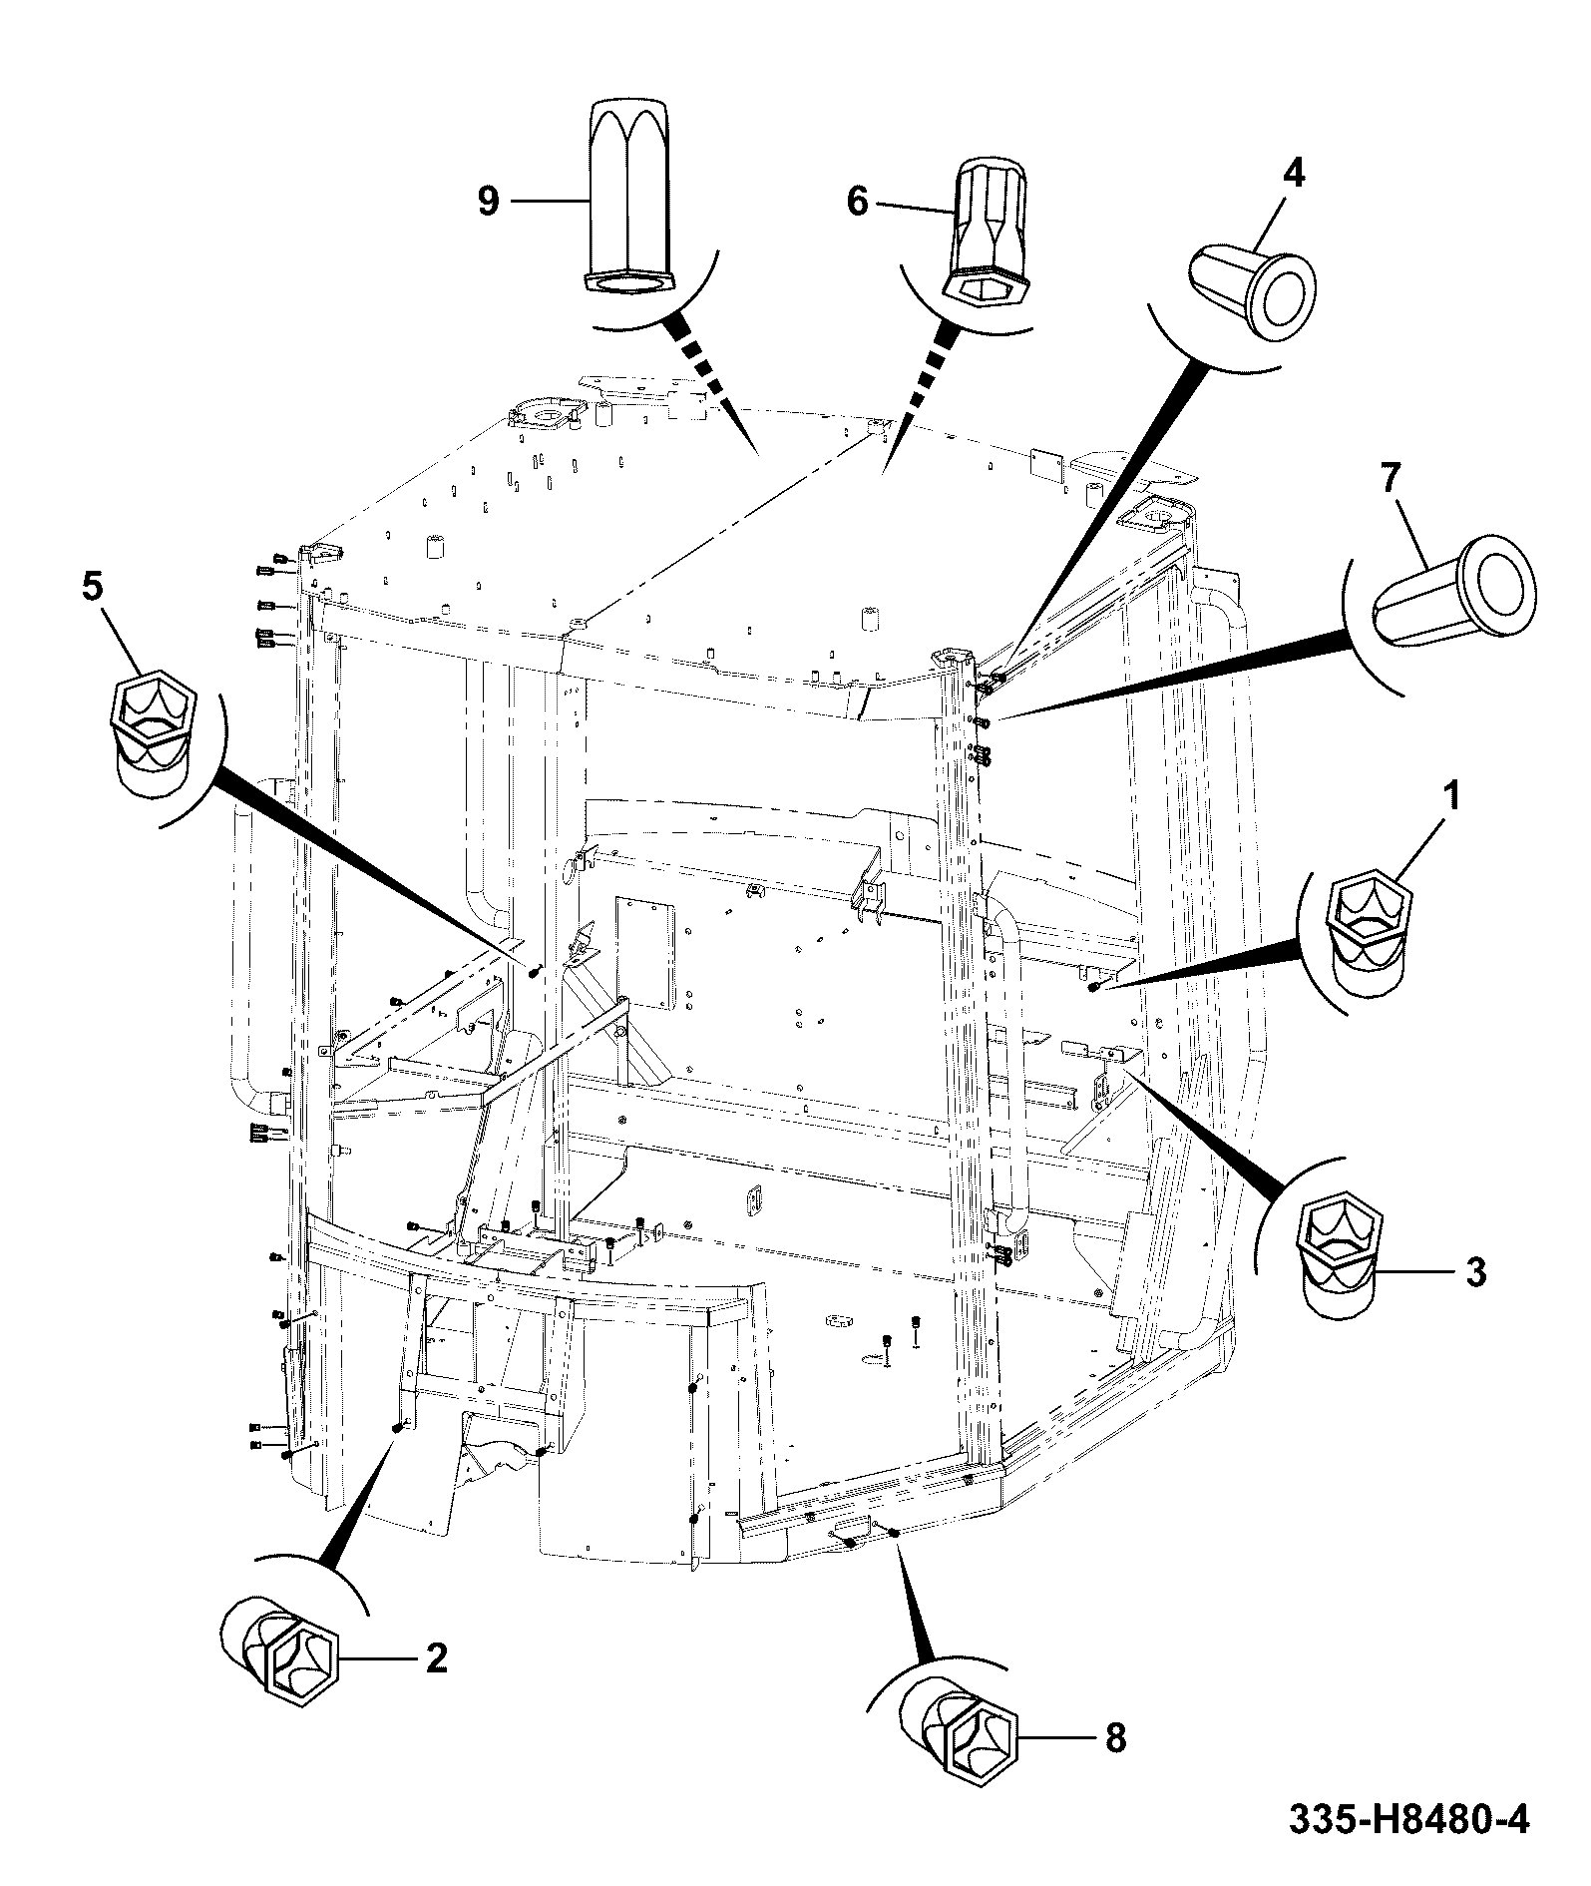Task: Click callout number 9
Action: click(489, 202)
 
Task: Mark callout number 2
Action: click(436, 1657)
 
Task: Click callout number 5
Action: click(91, 587)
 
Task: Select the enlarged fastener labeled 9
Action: click(629, 198)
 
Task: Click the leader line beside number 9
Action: click(548, 202)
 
